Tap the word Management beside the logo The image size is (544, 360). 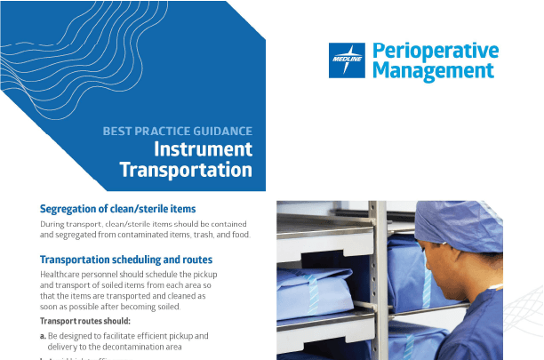(433, 70)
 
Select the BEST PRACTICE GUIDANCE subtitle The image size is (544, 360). (177, 131)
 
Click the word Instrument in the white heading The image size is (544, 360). (204, 148)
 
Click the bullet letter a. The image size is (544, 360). (43, 336)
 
